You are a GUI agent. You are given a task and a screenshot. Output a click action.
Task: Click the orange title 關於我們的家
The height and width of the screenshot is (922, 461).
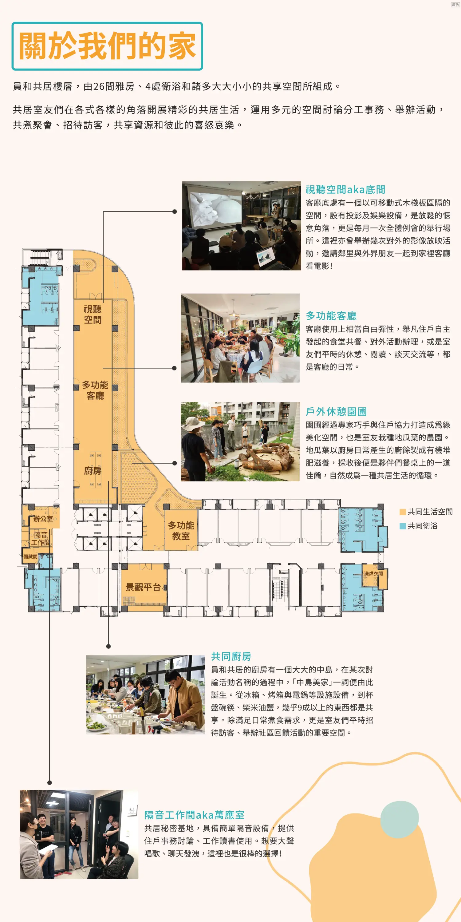click(x=107, y=46)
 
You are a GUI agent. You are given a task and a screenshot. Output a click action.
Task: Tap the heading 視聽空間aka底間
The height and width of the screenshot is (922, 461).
click(x=345, y=189)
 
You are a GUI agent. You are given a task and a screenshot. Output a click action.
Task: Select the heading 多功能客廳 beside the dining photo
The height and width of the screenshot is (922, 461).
click(x=331, y=316)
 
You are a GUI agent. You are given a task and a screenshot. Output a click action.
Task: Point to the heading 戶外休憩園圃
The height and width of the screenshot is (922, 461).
click(x=336, y=412)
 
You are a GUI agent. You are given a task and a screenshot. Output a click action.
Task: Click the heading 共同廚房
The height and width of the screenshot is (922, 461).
click(x=231, y=656)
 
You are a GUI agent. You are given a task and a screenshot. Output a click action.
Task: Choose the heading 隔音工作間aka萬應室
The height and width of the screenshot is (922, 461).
click(x=194, y=815)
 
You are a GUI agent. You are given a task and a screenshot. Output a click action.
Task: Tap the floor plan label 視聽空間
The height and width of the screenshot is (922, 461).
click(x=93, y=314)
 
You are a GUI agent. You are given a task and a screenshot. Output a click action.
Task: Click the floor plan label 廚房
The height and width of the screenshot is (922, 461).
click(x=93, y=471)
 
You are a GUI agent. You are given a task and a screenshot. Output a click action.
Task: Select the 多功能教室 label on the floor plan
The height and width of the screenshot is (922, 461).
click(x=181, y=531)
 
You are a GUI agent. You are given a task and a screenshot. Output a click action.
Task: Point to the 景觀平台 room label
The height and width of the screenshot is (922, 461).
click(x=143, y=587)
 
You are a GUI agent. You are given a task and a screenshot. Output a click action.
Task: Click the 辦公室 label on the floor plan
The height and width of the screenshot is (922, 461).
click(x=43, y=519)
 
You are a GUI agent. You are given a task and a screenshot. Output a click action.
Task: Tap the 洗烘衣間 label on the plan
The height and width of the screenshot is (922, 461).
click(x=373, y=573)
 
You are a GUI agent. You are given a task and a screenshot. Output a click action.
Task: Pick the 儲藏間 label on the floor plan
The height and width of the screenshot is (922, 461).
click(x=30, y=556)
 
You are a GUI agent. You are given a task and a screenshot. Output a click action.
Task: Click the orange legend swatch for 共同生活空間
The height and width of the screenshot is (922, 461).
click(x=403, y=512)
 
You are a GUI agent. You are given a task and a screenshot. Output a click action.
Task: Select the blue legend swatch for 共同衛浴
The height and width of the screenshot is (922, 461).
click(x=403, y=526)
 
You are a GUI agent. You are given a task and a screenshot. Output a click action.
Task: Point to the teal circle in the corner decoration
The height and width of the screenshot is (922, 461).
click(x=400, y=819)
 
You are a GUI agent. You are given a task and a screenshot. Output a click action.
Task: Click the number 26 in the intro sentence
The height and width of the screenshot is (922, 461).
click(x=99, y=86)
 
